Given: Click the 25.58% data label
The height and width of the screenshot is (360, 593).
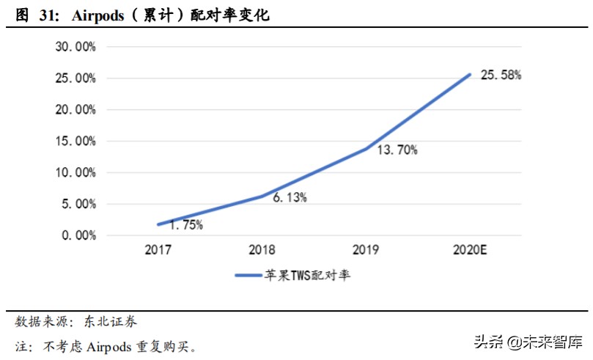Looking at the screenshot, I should point(501,76).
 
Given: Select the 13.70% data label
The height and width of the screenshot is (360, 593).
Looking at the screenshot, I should point(397,150).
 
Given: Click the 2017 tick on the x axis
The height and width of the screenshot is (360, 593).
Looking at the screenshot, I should point(158,251).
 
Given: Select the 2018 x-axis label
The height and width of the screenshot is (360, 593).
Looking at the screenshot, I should point(262,251).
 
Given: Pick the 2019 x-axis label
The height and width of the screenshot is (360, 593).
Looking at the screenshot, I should point(366,251).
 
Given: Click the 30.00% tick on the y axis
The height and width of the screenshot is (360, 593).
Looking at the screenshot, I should point(75,47).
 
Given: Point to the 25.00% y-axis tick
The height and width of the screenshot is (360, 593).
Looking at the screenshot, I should point(75,78).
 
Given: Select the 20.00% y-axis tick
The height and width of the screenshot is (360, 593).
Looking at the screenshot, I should point(75,110).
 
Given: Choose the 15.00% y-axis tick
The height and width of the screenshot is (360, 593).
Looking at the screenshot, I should point(75,141).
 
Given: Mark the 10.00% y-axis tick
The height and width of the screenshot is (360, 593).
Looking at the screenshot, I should point(75,172).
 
